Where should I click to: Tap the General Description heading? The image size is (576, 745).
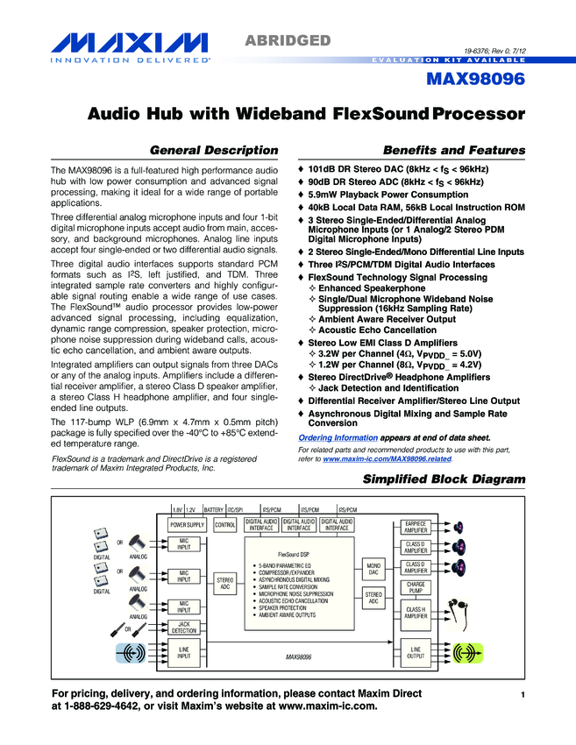[x=214, y=150]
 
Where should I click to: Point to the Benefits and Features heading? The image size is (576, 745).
[x=454, y=150]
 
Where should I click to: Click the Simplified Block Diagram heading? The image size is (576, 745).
[x=444, y=479]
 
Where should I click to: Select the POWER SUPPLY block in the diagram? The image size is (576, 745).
[x=187, y=525]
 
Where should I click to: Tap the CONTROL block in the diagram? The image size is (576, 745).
[x=225, y=525]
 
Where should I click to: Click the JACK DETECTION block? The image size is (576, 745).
[x=184, y=627]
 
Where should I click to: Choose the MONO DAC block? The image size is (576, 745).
[x=373, y=570]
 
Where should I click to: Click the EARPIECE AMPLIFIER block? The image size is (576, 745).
[x=416, y=526]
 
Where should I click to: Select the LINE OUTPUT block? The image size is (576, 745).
[x=416, y=652]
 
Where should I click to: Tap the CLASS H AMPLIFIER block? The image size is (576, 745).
[x=416, y=613]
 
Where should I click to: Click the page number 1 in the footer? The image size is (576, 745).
[x=521, y=695]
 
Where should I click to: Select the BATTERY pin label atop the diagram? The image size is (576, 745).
[x=213, y=508]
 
